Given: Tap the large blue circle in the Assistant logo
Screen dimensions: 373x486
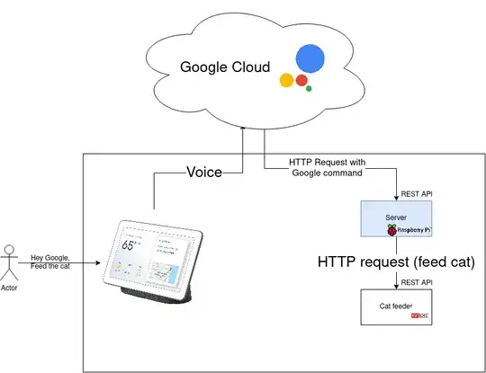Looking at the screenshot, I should coord(308,59).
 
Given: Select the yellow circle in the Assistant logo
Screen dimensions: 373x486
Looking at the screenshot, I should coord(287,80).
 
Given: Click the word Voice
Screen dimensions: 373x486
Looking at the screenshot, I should coord(203,172).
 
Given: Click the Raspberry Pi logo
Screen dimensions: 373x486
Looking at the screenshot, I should coord(391,231).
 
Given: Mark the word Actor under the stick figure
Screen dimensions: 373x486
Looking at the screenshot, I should coord(10,290).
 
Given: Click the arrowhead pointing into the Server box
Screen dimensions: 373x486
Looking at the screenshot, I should coord(397,197).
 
